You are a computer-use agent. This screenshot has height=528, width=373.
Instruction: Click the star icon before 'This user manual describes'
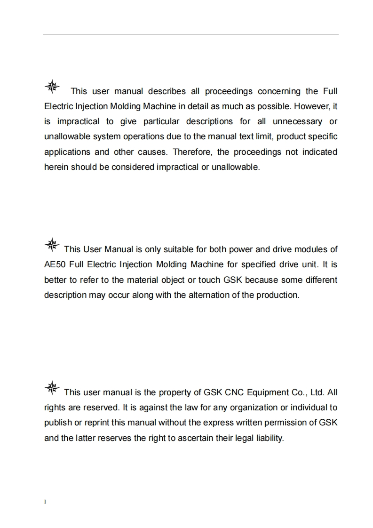(x=52, y=86)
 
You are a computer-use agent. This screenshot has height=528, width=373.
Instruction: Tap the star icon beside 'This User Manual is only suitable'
(x=52, y=244)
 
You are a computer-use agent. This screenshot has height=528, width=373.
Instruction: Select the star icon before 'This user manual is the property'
(x=52, y=388)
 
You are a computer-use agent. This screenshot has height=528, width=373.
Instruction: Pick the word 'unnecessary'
(x=297, y=121)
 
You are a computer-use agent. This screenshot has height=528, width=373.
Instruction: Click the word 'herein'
(x=56, y=167)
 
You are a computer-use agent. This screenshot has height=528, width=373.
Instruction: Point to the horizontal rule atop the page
(x=191, y=34)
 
